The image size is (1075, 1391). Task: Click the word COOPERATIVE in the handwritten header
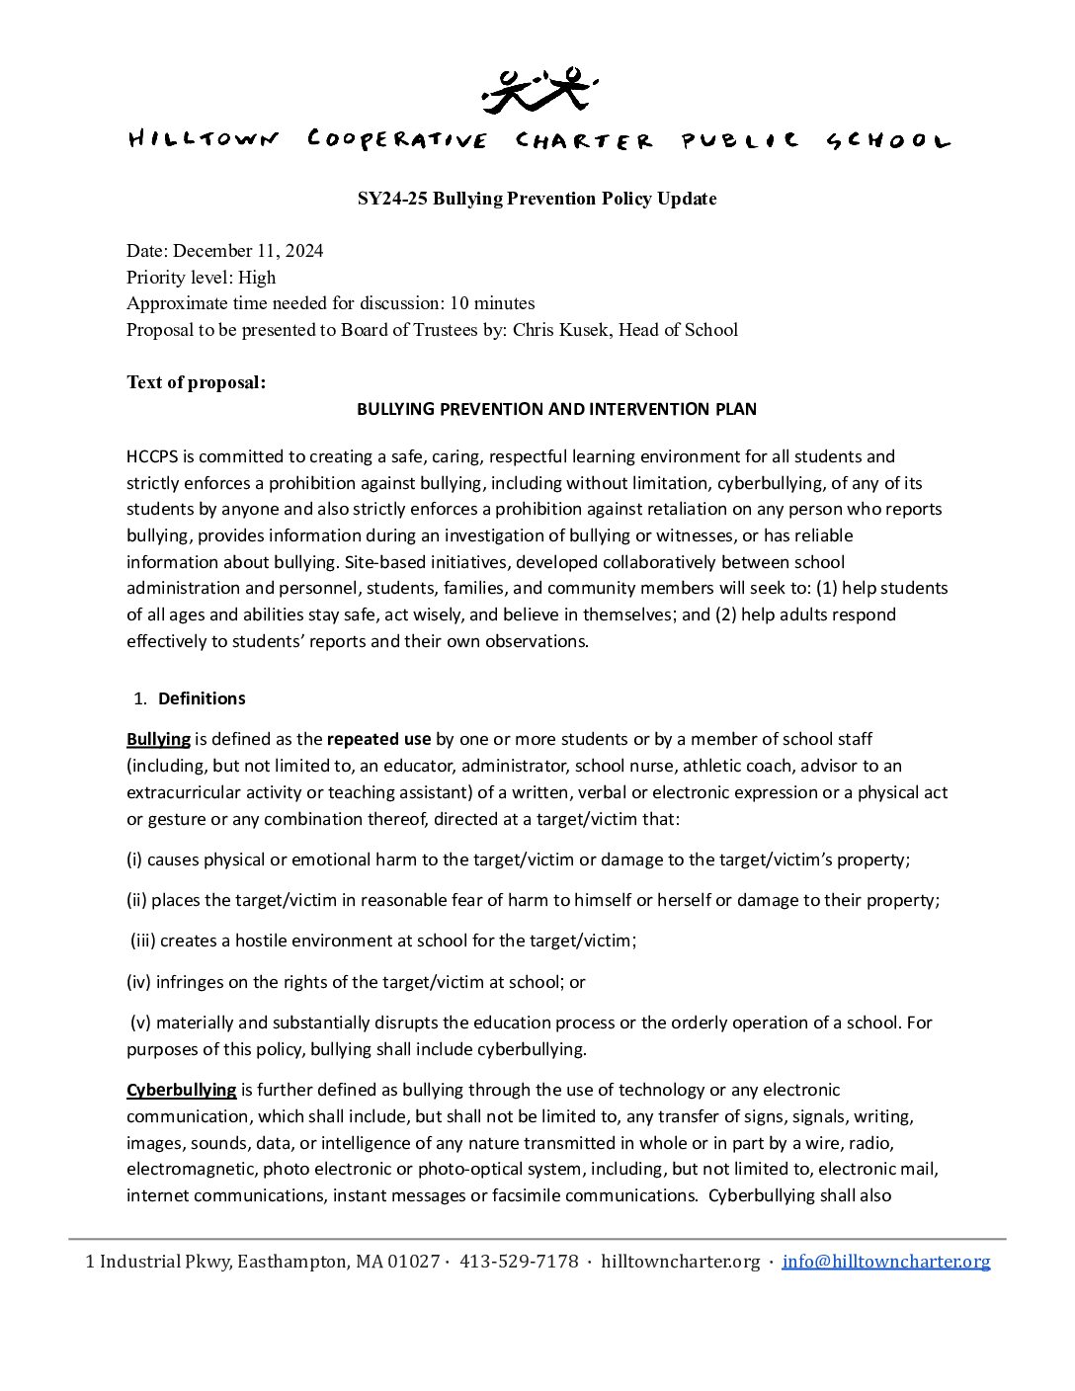(x=397, y=140)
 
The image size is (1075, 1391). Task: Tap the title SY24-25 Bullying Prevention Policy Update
(x=537, y=199)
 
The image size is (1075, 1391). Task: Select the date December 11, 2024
(x=248, y=251)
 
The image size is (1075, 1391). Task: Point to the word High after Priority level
(x=257, y=278)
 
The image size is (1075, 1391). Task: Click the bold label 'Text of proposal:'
(x=196, y=382)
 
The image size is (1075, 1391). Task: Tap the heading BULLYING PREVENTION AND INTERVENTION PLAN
(x=556, y=409)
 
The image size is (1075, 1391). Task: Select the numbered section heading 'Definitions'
(x=202, y=698)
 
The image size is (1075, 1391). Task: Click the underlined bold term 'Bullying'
(x=158, y=739)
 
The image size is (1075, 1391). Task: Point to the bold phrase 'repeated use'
(x=378, y=739)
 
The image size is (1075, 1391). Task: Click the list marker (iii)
(x=143, y=941)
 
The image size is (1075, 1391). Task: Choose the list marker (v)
(x=140, y=1023)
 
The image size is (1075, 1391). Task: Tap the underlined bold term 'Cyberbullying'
(x=181, y=1090)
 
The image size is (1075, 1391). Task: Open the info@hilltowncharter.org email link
(x=885, y=1262)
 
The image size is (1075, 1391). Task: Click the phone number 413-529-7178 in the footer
(x=519, y=1262)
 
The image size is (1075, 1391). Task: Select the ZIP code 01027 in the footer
(x=413, y=1262)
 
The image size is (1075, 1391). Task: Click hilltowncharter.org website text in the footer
(x=680, y=1262)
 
